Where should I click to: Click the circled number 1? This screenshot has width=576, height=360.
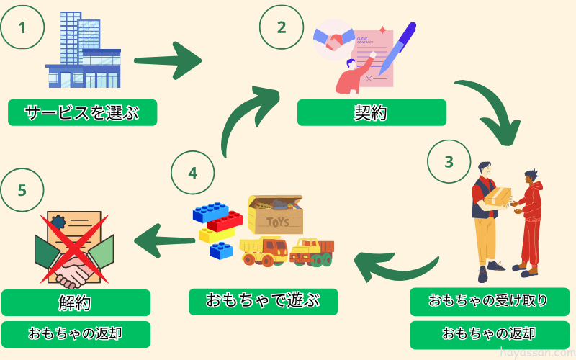point(22,28)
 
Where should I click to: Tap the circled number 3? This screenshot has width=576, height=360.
point(449,161)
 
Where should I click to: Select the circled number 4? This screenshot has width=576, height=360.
point(192,174)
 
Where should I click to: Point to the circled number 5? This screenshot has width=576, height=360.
point(22,190)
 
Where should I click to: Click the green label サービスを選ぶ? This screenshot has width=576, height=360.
point(82,112)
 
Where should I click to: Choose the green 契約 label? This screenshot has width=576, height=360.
point(372,112)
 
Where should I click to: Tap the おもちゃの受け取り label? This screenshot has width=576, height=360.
point(489,302)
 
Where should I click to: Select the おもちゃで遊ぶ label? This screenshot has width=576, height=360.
point(263,302)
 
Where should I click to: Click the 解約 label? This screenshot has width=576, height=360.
point(76,303)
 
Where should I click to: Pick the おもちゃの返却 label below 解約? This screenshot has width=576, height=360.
point(76,334)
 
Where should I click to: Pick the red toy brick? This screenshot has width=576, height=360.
point(225,221)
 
